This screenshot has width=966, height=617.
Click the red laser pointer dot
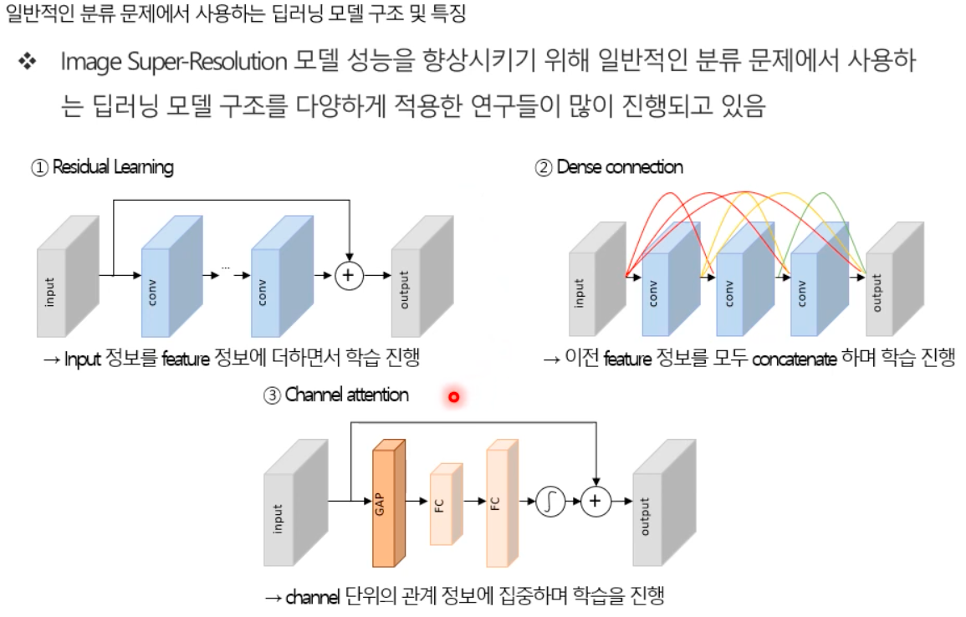click(x=453, y=397)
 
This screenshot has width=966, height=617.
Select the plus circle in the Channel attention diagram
click(x=595, y=501)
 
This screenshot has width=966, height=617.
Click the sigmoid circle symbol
click(x=550, y=501)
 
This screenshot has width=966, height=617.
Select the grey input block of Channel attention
click(x=289, y=506)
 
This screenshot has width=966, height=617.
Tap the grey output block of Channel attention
click(x=662, y=506)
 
